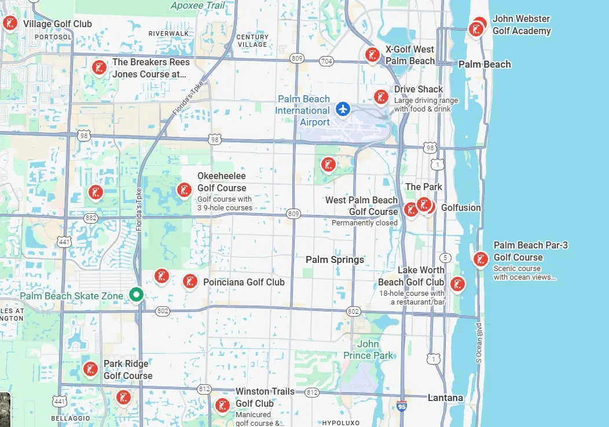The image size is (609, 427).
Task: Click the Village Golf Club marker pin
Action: point(9,23)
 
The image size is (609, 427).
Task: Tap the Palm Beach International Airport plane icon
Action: point(344,108)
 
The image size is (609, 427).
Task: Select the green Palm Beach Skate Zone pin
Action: point(136,295)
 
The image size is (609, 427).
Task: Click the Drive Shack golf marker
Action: point(380,96)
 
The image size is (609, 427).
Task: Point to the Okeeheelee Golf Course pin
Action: point(184,190)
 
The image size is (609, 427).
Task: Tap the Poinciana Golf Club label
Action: point(244,282)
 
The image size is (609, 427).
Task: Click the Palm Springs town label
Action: point(335,259)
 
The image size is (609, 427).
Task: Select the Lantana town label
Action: point(445,398)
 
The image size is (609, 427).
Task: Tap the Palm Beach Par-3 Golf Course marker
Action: point(480,259)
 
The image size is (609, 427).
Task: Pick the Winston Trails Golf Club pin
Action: point(222,405)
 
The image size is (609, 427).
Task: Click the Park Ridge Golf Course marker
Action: point(90,368)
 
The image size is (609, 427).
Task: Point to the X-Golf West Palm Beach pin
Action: point(372,54)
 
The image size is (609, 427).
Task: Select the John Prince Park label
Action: point(368,350)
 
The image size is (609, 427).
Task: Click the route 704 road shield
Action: point(326,61)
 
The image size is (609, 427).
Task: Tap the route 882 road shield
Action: point(90,217)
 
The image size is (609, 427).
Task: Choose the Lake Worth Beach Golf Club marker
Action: point(457,283)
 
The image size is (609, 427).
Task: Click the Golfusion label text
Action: point(461,207)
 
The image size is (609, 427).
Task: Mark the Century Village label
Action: point(252,40)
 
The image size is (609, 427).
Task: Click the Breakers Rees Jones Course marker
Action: point(99,67)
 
